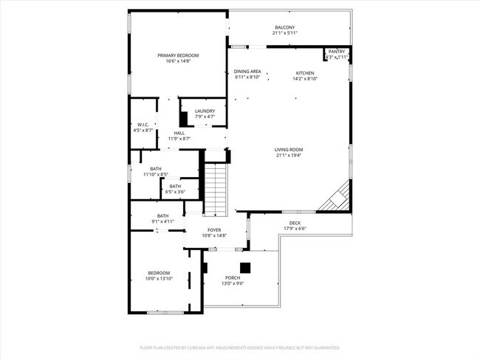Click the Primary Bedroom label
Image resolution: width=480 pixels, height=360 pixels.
pyautogui.click(x=178, y=55)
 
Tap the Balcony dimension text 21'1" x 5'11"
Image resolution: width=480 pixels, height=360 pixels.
pyautogui.click(x=284, y=33)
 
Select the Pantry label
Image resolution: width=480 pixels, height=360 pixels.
pyautogui.click(x=336, y=51)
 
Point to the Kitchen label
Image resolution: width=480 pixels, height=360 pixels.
pyautogui.click(x=305, y=73)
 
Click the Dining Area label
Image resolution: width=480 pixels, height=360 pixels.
pyautogui.click(x=247, y=71)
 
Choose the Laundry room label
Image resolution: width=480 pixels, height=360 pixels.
pyautogui.click(x=205, y=111)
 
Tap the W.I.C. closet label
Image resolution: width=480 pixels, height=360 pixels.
pyautogui.click(x=143, y=125)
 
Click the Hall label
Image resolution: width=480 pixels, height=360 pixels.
pyautogui.click(x=179, y=133)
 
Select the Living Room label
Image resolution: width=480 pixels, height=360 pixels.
pyautogui.click(x=289, y=150)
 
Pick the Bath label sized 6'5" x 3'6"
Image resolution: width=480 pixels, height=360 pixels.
pyautogui.click(x=175, y=186)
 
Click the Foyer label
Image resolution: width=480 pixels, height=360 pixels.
pyautogui.click(x=214, y=230)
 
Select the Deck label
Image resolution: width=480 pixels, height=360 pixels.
pyautogui.click(x=295, y=223)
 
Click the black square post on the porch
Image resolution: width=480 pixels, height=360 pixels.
pyautogui.click(x=245, y=267)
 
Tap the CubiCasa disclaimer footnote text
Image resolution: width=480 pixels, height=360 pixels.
pyautogui.click(x=239, y=347)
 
